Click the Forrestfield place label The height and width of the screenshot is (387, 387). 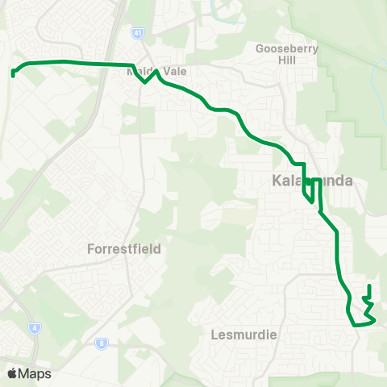tap(123, 249)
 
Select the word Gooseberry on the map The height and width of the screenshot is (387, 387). tap(287, 48)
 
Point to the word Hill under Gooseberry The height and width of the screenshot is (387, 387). tap(287, 60)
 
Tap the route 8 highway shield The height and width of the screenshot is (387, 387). tap(102, 343)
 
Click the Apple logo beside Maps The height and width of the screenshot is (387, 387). tap(12, 373)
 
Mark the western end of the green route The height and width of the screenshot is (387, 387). tap(14, 75)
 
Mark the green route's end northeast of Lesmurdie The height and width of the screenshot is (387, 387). tap(368, 286)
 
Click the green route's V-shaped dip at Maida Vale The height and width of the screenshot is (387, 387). tap(145, 81)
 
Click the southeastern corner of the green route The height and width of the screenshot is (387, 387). tap(374, 321)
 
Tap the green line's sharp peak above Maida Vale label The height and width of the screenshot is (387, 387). tap(156, 71)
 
